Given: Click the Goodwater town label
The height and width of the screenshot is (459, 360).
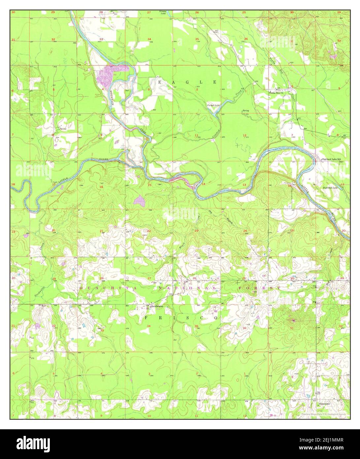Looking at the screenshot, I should coord(157,306).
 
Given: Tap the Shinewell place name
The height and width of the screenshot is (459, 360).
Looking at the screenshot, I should coord(324,404).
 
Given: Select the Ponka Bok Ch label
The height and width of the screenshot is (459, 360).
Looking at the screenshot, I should coord(276,93).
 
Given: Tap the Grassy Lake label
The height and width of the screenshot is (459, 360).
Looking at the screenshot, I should coord(163,13).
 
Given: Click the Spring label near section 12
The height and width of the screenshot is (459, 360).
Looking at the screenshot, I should coord(245,111).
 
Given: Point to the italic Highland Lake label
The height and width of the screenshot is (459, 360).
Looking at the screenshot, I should coord(330,188).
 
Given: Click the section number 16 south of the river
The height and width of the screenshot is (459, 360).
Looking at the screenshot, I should coord(101,187).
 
